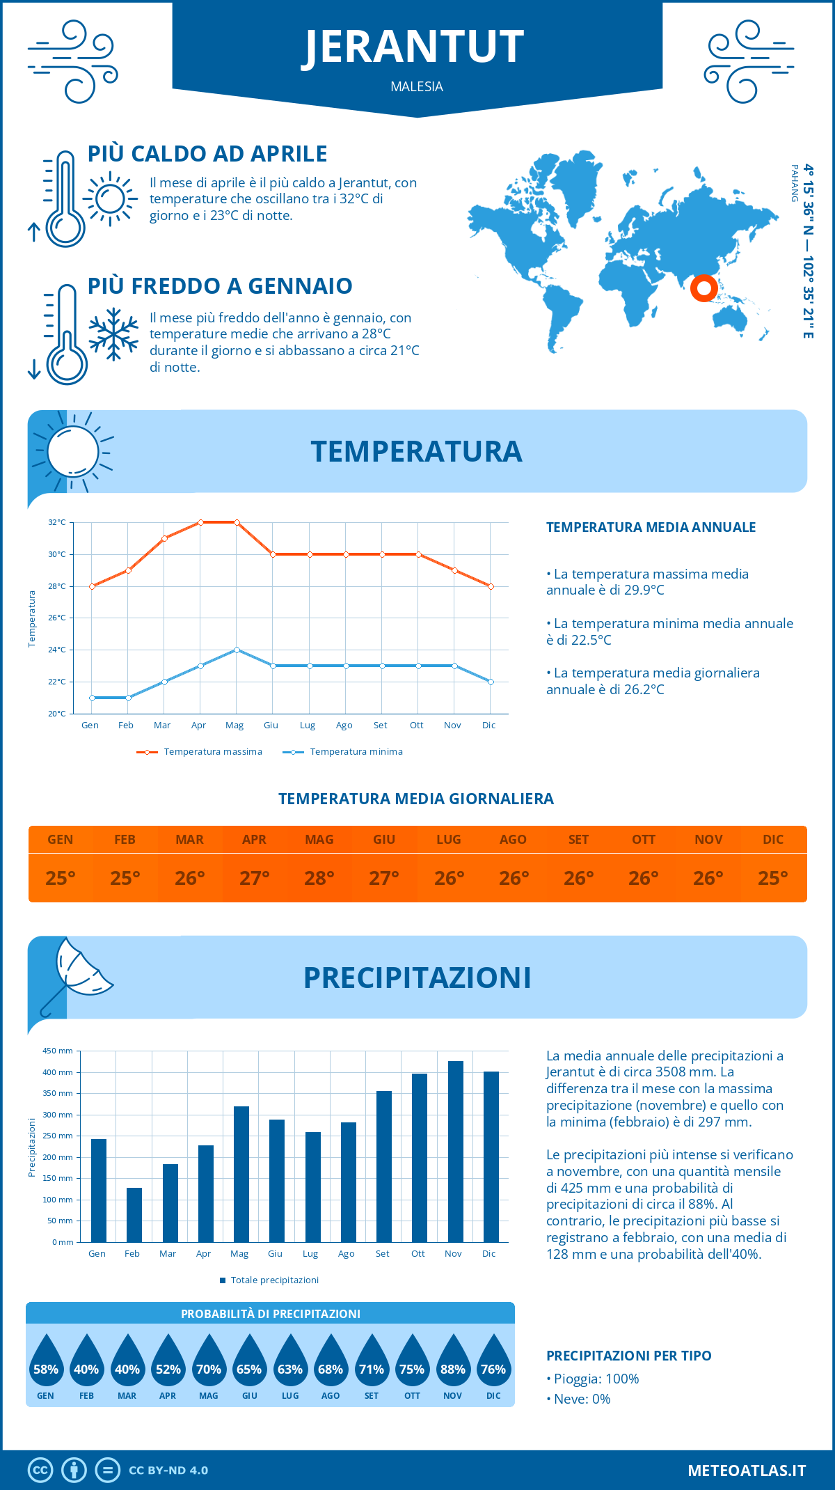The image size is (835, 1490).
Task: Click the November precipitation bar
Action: tap(455, 1152)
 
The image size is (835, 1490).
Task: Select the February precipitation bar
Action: tap(134, 1215)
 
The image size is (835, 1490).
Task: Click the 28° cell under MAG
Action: tap(319, 878)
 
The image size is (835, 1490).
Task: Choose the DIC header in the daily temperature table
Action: tap(773, 840)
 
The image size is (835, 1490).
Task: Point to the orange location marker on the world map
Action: tap(704, 288)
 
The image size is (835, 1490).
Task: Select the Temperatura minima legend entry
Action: tap(344, 752)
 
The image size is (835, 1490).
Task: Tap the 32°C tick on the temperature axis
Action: tap(57, 522)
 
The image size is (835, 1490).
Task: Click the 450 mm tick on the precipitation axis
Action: tap(58, 1051)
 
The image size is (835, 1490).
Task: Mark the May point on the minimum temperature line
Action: tap(237, 650)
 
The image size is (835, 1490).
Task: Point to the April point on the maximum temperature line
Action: tap(201, 522)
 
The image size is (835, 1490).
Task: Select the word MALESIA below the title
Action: tap(417, 86)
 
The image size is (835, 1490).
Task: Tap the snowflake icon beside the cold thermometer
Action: tap(113, 334)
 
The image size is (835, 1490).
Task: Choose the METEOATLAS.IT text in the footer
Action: tap(747, 1471)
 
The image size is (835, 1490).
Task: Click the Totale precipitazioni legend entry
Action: tap(269, 1280)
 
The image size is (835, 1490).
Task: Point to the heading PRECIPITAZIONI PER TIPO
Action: tap(629, 1356)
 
